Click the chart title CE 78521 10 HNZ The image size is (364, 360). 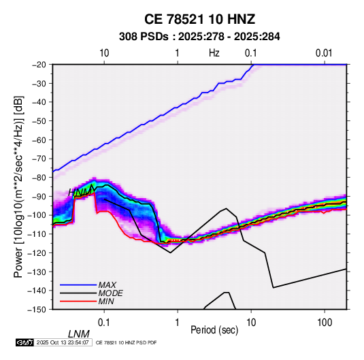(199, 19)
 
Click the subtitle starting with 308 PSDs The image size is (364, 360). (199, 37)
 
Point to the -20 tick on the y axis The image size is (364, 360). (39, 65)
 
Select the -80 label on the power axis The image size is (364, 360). (39, 178)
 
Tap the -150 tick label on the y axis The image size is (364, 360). (37, 310)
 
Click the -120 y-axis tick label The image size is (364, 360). (37, 252)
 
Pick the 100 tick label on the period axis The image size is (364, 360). (325, 323)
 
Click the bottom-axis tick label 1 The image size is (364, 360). (177, 323)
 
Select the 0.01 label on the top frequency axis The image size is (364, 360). (324, 53)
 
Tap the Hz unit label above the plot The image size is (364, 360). (214, 53)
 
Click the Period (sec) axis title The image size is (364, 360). (214, 330)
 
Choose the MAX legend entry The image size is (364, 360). (107, 284)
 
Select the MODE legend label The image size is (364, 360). (110, 293)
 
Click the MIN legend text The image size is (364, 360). (106, 301)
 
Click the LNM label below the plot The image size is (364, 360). (79, 334)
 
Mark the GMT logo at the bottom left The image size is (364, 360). (25, 342)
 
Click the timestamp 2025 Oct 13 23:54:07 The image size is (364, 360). (63, 342)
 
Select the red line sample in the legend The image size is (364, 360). (78, 301)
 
